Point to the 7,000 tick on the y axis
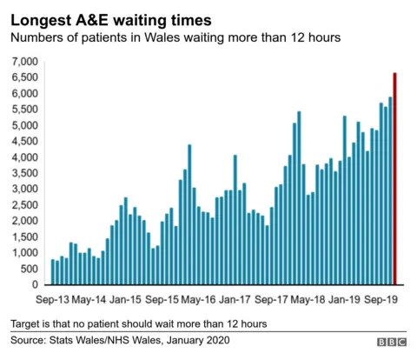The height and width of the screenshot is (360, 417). point(24,62)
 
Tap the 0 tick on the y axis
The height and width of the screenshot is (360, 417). point(36,284)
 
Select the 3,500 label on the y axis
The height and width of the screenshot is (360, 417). point(24,173)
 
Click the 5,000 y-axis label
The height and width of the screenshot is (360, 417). point(24,125)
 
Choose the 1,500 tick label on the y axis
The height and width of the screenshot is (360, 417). point(24,237)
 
